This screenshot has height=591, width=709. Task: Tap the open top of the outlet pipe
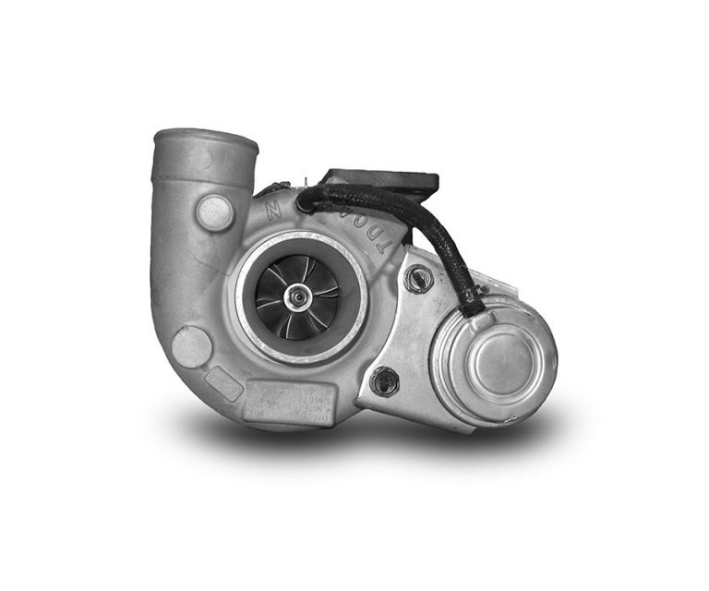coord(205,140)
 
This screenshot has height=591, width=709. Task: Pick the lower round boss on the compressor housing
coord(192,347)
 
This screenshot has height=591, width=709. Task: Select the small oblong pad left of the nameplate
coord(226,380)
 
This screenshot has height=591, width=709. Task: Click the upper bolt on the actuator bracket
coord(417,276)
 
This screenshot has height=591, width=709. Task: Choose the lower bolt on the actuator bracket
coord(383,380)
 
